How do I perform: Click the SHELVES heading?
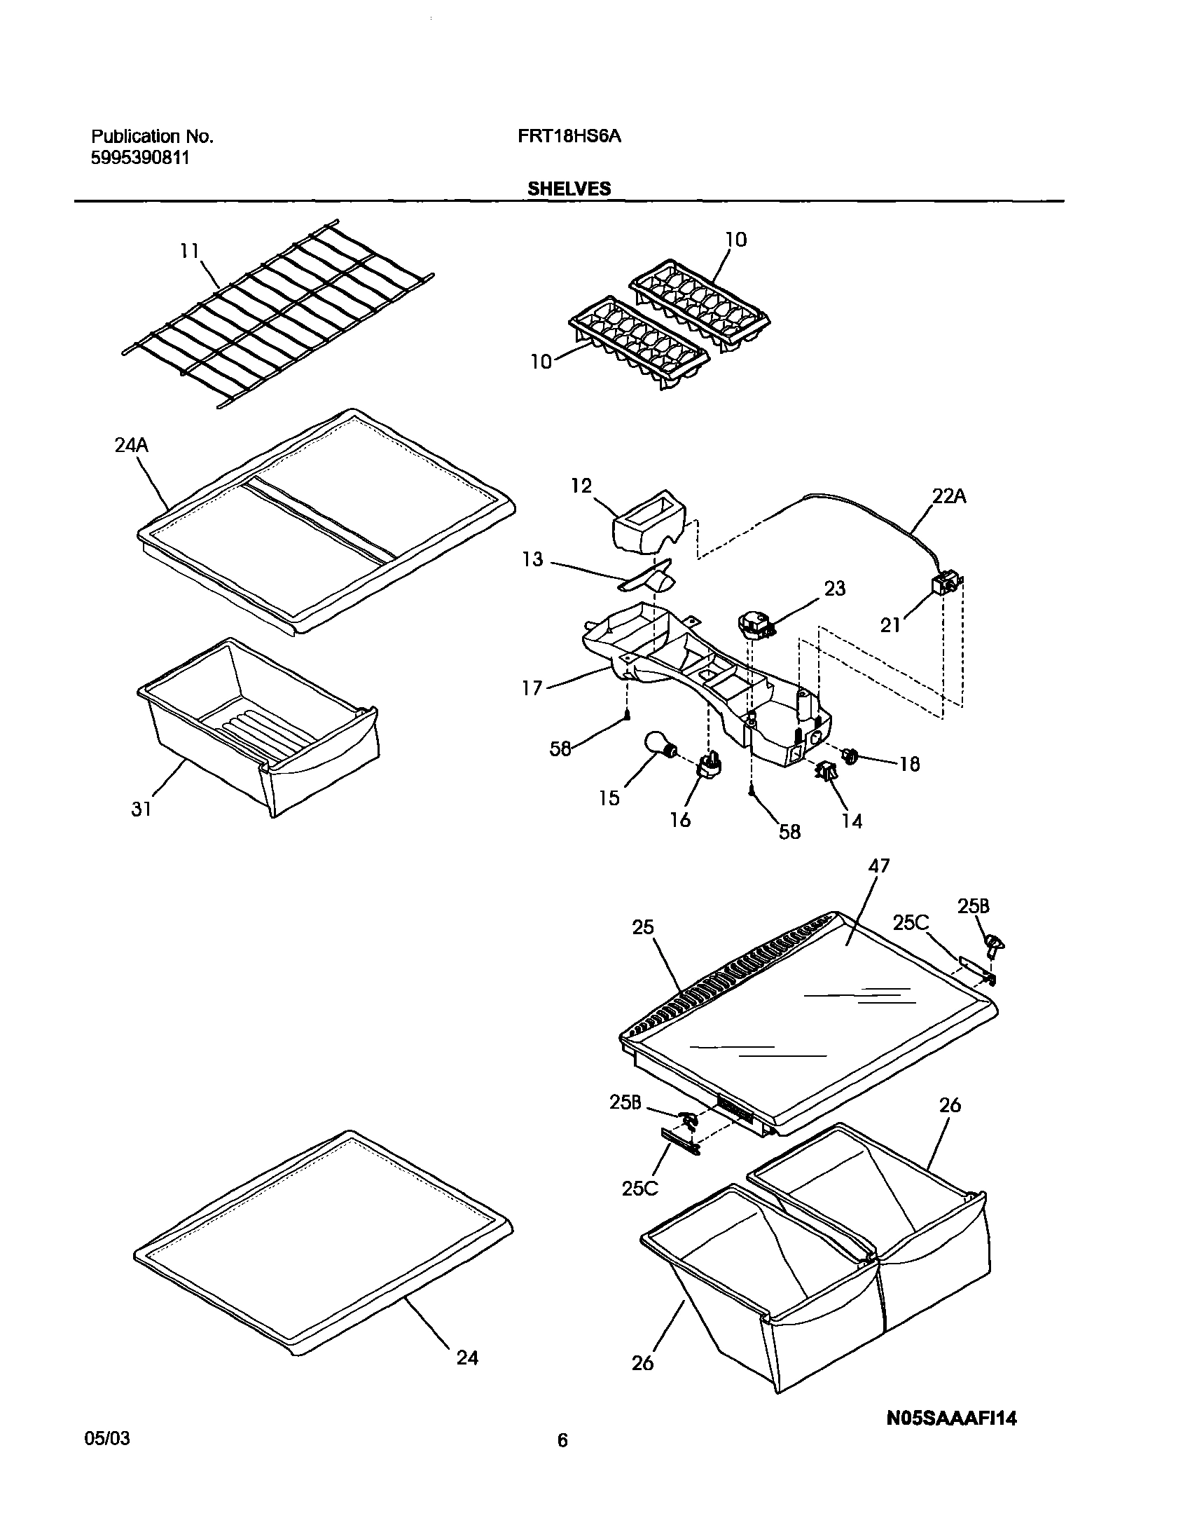pyautogui.click(x=569, y=189)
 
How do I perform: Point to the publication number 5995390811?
pyautogui.click(x=140, y=158)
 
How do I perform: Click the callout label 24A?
pyautogui.click(x=131, y=446)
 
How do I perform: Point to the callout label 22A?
pyautogui.click(x=949, y=497)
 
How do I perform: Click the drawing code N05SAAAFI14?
pyautogui.click(x=952, y=1418)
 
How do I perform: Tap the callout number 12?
pyautogui.click(x=581, y=486)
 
